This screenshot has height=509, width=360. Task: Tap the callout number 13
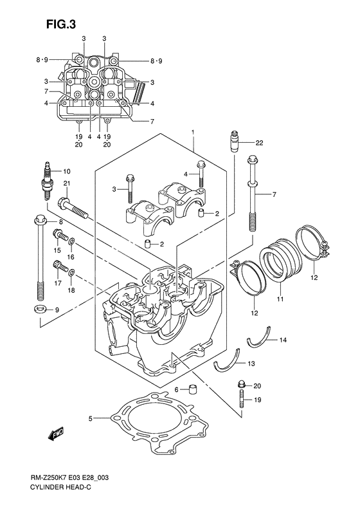tap(251, 364)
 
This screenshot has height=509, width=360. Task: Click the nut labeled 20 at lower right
tap(241, 385)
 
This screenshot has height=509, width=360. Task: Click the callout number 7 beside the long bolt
tap(274, 194)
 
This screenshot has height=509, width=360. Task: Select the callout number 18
tap(71, 290)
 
